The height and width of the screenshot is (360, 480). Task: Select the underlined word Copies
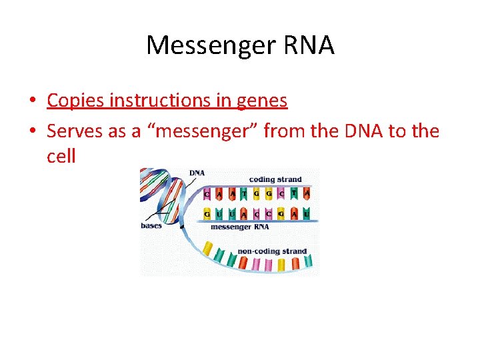click(x=75, y=101)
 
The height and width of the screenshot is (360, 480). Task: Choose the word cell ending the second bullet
click(x=61, y=157)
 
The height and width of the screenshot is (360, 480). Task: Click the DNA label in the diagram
click(x=197, y=173)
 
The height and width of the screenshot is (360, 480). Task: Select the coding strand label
click(x=275, y=179)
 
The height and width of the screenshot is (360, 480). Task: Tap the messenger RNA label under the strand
click(x=240, y=227)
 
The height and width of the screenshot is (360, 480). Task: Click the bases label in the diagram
click(x=151, y=226)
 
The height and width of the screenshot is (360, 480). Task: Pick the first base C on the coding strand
click(x=207, y=195)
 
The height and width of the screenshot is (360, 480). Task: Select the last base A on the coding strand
click(x=307, y=195)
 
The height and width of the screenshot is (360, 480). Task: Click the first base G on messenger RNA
click(x=207, y=214)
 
